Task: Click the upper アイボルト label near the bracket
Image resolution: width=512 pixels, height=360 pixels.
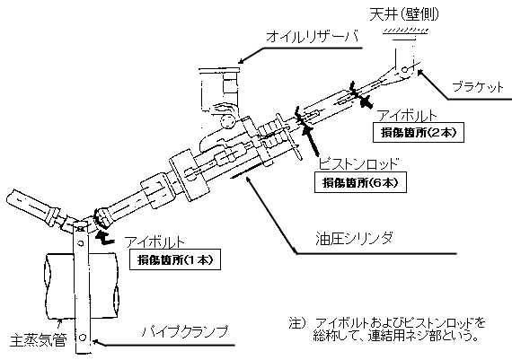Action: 409,116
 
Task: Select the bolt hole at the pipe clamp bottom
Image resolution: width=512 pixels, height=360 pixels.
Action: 83,338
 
